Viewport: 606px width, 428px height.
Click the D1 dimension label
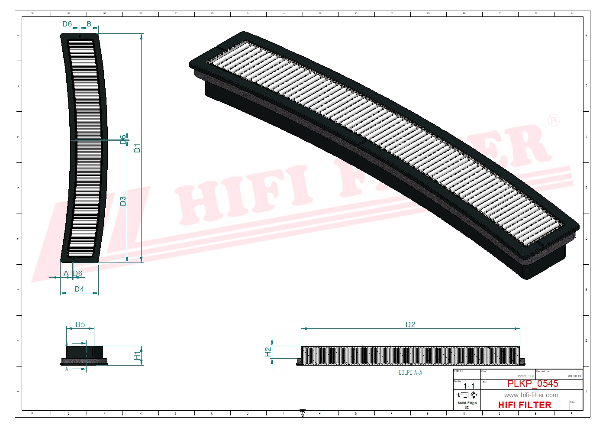137,148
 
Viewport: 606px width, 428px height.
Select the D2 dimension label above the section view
410,324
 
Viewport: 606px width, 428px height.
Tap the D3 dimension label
123,201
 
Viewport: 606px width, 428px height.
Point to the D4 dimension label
79,289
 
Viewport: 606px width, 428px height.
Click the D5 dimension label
80,324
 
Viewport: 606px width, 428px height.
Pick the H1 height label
137,355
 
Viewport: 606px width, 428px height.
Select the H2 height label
268,351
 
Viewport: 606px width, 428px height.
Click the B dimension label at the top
89,24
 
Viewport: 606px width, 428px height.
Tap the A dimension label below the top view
66,273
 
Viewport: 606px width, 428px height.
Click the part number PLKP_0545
532,383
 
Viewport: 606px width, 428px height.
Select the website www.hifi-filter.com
531,395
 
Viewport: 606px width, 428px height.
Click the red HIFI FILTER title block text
525,405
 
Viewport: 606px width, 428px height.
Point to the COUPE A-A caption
410,373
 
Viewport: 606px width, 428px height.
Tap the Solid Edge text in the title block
467,403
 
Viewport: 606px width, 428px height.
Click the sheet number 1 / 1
469,386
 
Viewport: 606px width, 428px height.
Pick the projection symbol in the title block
467,395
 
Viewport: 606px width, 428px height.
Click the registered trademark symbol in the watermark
554,120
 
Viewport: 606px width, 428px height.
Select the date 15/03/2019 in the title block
525,376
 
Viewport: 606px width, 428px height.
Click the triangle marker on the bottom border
303,413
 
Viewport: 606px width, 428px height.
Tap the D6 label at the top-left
67,24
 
